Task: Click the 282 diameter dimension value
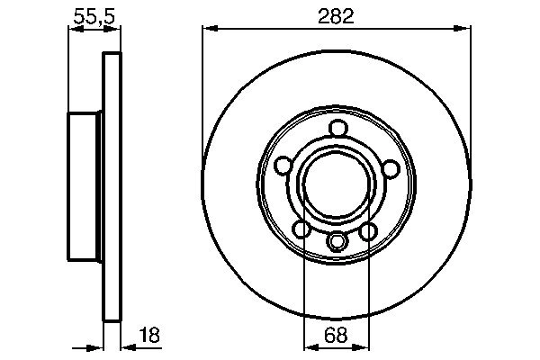tap(336, 15)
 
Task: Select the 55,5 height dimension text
tap(94, 15)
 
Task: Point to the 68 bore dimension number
tap(335, 337)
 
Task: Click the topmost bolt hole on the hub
tap(337, 128)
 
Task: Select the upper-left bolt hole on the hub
tap(283, 166)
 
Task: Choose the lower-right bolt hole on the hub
tap(368, 231)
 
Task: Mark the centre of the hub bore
tap(336, 184)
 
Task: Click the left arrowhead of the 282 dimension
tap(207, 30)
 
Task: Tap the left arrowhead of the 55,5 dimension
tap(74, 30)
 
